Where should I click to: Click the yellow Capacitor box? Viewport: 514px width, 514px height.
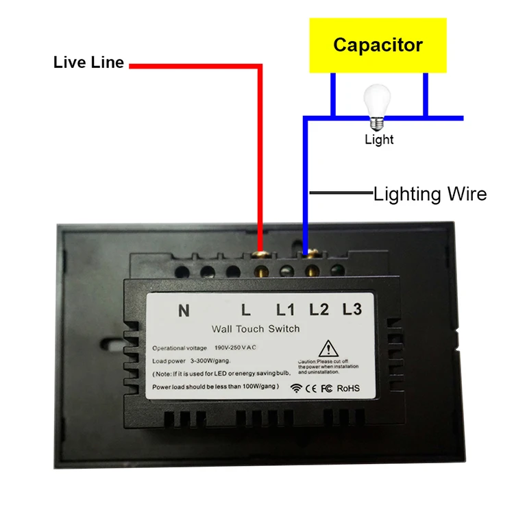378,45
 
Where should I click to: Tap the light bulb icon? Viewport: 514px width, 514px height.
377,107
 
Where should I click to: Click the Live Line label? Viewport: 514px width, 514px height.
88,62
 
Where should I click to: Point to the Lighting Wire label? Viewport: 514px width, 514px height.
430,194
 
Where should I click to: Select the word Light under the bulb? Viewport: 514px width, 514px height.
379,139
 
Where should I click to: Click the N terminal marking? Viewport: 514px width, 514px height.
184,310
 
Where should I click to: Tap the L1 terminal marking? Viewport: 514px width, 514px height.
285,310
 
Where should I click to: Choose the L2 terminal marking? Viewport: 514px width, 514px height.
319,309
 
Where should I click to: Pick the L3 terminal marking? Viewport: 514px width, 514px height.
352,309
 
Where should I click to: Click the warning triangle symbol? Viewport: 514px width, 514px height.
328,348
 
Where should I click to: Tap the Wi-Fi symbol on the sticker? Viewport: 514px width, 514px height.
296,389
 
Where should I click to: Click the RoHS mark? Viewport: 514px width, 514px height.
348,389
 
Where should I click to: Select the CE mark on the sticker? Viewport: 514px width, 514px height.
310,389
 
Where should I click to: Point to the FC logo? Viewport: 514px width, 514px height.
326,389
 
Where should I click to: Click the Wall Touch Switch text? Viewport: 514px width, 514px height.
256,329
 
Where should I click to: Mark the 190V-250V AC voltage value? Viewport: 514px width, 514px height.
235,347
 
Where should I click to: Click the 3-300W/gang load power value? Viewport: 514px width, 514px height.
210,361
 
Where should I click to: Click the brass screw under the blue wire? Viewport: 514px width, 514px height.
310,253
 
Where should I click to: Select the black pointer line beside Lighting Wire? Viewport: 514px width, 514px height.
341,193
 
